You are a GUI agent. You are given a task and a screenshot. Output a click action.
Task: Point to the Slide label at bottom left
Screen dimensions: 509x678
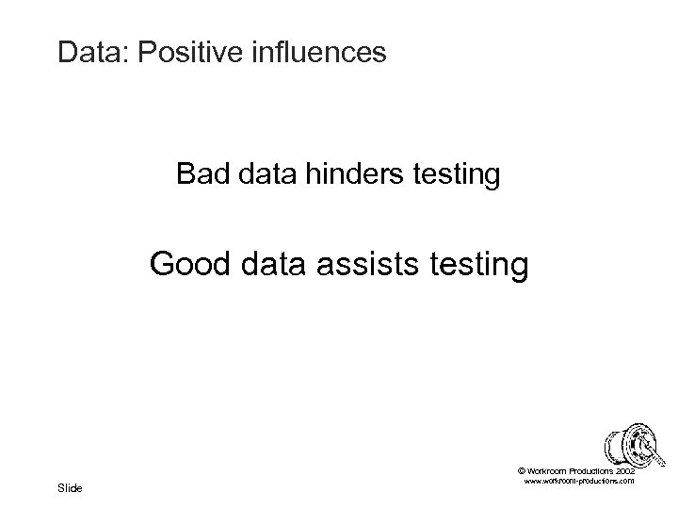click(70, 487)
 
